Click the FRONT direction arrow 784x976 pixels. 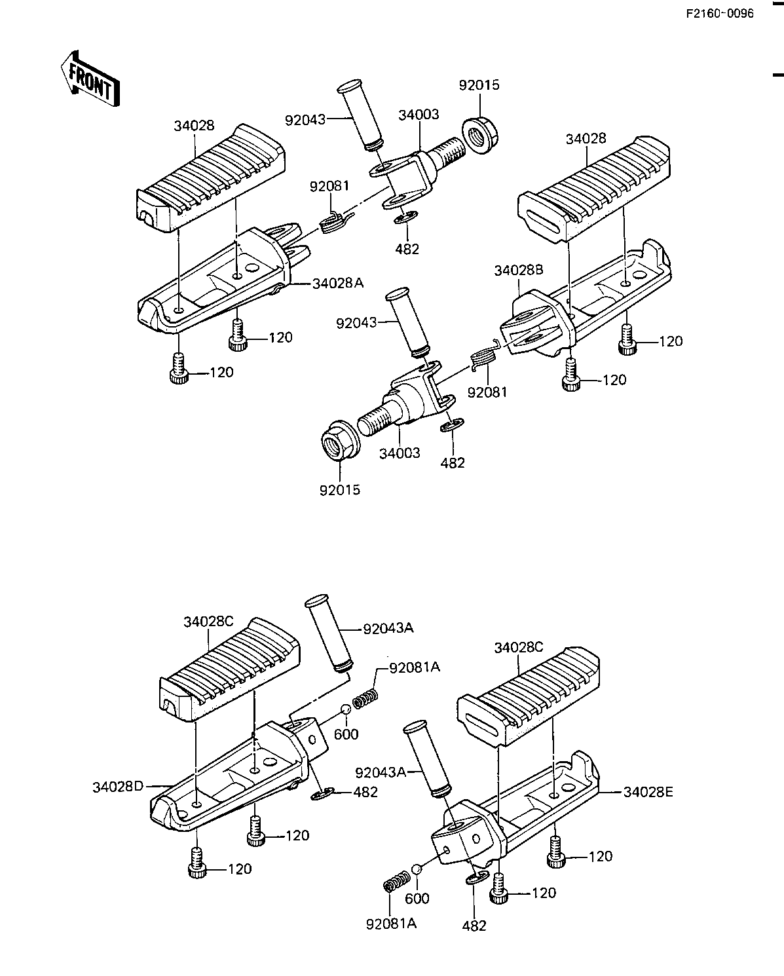[x=90, y=79]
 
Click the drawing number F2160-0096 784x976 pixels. [x=720, y=14]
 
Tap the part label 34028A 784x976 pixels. [x=338, y=284]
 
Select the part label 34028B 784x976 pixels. [x=518, y=271]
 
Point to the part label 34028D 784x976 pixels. [x=118, y=787]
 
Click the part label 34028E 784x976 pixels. [x=648, y=792]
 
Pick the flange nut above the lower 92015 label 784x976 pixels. [x=341, y=440]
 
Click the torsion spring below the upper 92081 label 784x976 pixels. [x=335, y=222]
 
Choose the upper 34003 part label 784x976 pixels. [x=419, y=115]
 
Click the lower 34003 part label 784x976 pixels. [x=400, y=453]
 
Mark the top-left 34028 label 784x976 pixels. [x=194, y=126]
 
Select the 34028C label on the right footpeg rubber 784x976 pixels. [x=518, y=648]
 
